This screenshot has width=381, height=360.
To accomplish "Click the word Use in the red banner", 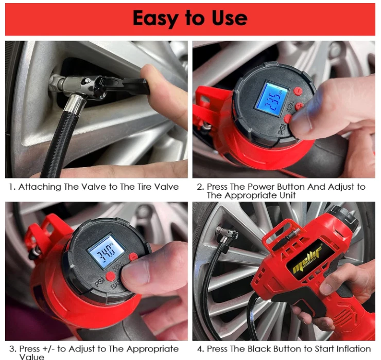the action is [230, 18].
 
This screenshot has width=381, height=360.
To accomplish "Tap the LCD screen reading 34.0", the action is [107, 251].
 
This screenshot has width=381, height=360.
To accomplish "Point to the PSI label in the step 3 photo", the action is [99, 281].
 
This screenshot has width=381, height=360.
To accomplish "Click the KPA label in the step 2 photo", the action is [290, 107].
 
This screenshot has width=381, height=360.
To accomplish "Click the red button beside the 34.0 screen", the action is [133, 257].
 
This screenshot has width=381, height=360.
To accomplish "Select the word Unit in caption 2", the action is [287, 195].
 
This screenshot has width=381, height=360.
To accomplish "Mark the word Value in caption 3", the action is [31, 356].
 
